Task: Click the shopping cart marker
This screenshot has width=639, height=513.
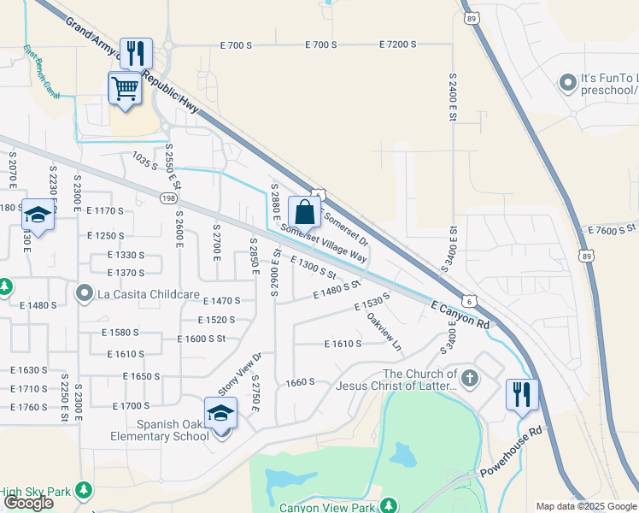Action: [125, 88]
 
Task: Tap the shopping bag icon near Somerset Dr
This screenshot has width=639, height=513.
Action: [304, 211]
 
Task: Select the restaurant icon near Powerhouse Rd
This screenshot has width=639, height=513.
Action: [520, 395]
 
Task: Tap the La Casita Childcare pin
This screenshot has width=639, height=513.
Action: [85, 294]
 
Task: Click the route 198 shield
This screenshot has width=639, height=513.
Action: [167, 198]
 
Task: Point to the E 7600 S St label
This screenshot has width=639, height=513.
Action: [613, 229]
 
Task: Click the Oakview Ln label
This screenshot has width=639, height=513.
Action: [384, 332]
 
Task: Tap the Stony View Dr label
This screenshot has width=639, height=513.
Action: [239, 374]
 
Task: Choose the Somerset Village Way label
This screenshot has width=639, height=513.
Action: [324, 244]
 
